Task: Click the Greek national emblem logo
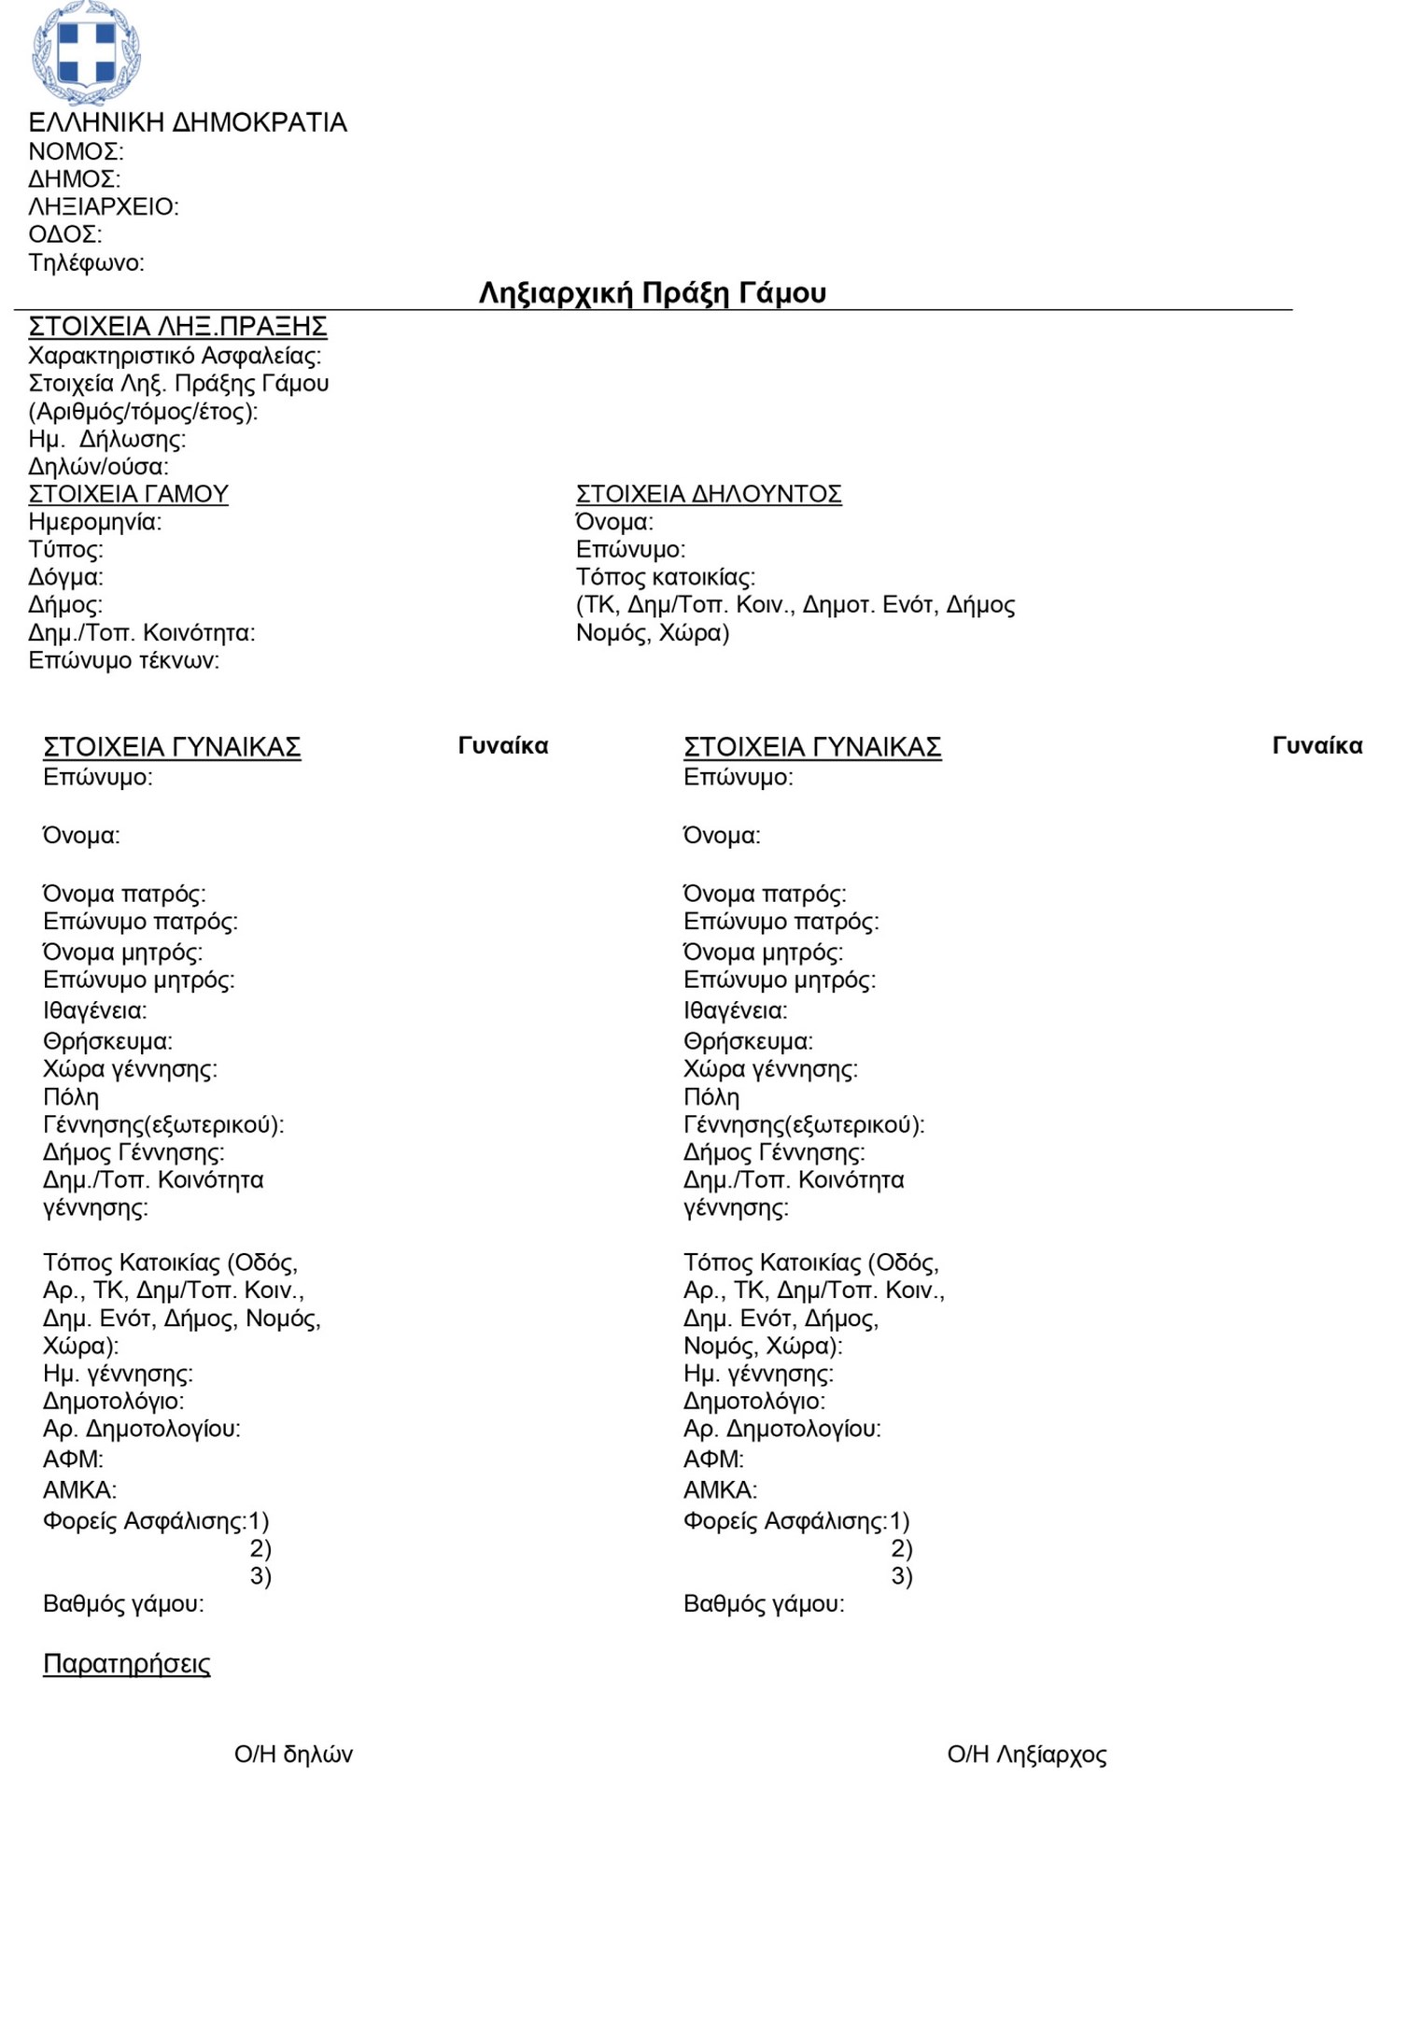[86, 52]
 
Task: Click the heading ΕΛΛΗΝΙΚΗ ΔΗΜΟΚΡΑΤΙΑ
[188, 122]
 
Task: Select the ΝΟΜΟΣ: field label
[76, 151]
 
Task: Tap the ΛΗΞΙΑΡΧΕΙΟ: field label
[104, 206]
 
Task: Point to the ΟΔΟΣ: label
[65, 234]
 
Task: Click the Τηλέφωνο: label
[87, 262]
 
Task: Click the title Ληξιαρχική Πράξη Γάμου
[652, 293]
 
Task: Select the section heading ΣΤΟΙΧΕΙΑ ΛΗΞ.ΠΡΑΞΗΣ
[177, 326]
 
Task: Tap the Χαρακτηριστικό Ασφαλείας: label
[175, 355]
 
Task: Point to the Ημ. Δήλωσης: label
[107, 439]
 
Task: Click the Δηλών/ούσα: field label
[99, 466]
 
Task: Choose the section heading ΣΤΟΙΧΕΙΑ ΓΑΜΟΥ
[128, 494]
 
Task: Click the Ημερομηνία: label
[94, 521]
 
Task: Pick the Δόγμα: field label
[65, 577]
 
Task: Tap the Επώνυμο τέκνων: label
[124, 660]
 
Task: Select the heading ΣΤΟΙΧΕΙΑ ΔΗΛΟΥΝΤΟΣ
[708, 494]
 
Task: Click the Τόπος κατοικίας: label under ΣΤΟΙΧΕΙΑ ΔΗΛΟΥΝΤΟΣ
[665, 577]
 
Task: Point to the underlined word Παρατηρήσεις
[126, 1663]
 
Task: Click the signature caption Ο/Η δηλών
[293, 1754]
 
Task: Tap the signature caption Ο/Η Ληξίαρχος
[1026, 1754]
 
